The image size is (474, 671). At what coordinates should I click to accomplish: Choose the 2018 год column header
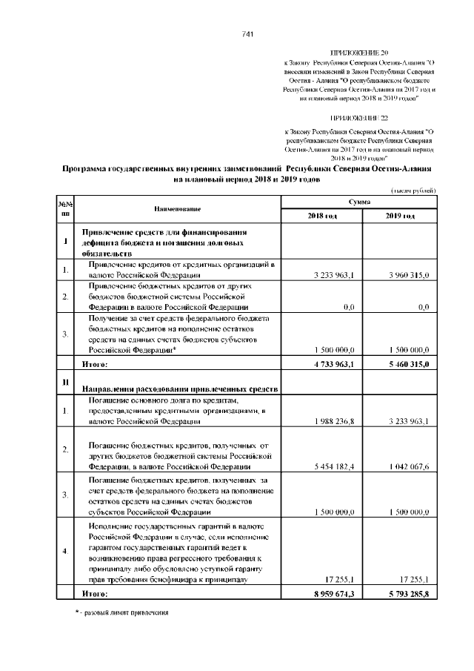click(x=322, y=216)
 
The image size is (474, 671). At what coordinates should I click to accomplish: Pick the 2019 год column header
click(x=400, y=216)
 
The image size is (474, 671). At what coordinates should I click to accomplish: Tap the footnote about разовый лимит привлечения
click(x=121, y=613)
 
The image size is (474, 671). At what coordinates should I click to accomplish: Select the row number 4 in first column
click(x=65, y=551)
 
